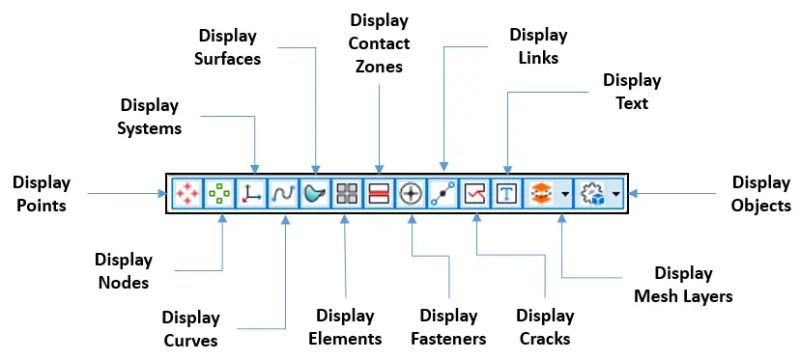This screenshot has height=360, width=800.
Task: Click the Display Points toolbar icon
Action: [x=185, y=193]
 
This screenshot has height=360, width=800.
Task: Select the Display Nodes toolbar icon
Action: [x=218, y=193]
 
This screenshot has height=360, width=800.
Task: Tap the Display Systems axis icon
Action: [x=250, y=193]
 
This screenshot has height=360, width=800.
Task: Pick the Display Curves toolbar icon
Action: [x=282, y=193]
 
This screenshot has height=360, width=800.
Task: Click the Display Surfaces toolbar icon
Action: [x=314, y=193]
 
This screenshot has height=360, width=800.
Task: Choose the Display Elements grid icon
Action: [x=346, y=193]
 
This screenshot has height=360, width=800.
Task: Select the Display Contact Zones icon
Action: [x=378, y=193]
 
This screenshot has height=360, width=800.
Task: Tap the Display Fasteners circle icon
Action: [x=410, y=193]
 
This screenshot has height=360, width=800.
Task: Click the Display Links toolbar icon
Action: [x=442, y=193]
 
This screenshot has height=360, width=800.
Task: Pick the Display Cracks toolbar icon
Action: [x=475, y=193]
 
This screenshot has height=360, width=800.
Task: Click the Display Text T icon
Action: [x=507, y=193]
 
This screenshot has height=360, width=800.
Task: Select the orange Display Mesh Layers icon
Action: [x=540, y=193]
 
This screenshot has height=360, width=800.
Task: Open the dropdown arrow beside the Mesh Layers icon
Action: [x=564, y=193]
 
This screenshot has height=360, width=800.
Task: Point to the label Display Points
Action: [x=42, y=193]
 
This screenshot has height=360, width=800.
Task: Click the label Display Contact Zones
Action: [x=380, y=45]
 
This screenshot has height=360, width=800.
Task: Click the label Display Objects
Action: [x=761, y=193]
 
